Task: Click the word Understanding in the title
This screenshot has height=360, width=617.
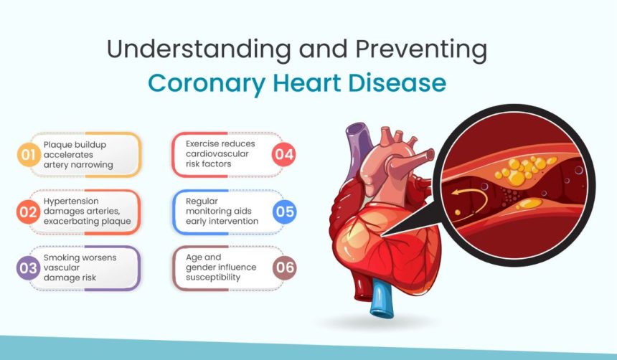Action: [199, 49]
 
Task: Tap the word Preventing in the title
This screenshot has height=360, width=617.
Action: [421, 49]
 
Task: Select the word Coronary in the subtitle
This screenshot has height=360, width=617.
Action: [207, 84]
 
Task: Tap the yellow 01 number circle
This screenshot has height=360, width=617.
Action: [29, 155]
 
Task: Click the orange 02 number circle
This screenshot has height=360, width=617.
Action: [28, 212]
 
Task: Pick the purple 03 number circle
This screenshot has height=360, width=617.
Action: [28, 268]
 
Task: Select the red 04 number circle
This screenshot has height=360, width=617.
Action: [284, 154]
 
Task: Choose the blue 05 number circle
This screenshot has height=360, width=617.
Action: [285, 212]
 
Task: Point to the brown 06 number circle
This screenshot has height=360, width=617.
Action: [285, 268]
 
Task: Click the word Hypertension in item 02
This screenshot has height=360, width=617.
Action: [71, 202]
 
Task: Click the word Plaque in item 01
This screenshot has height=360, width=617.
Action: [58, 145]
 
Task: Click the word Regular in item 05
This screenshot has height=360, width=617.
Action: [202, 202]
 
